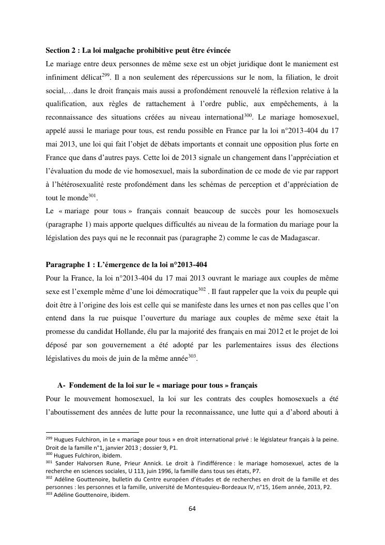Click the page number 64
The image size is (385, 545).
point(192,508)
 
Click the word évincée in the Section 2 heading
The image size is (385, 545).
point(216,50)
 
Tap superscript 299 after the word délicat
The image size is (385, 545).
point(106,75)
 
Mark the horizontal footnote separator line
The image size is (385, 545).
point(93,431)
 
